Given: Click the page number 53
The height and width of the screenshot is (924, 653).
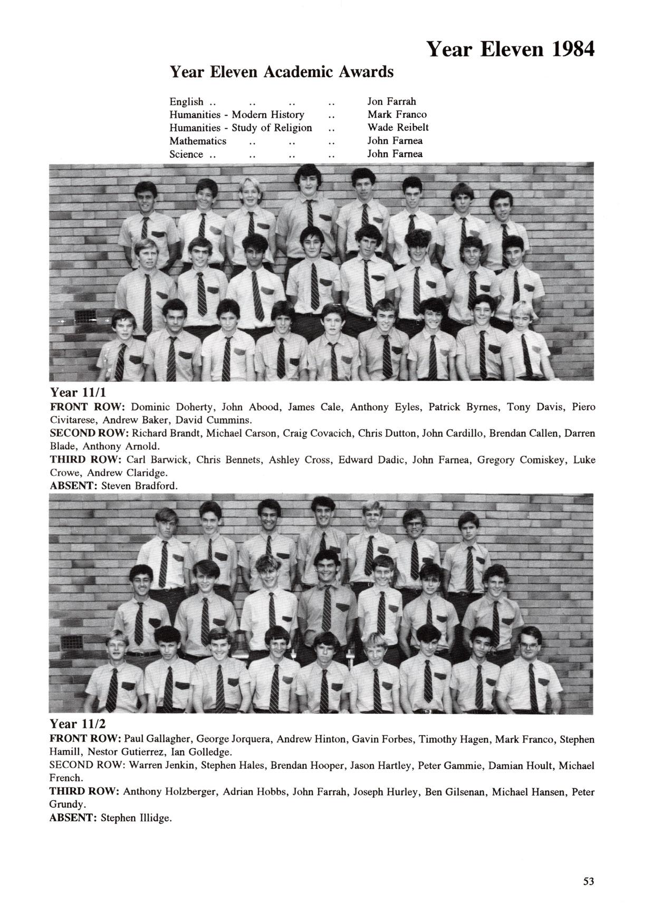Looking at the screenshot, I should (x=589, y=881).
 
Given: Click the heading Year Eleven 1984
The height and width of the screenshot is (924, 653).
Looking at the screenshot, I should (x=510, y=49).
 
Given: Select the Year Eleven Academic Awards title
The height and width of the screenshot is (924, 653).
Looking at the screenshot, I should (x=281, y=71).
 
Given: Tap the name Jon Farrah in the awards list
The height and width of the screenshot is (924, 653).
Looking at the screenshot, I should (x=391, y=101).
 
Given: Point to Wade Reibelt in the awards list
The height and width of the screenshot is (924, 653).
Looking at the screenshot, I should (x=398, y=127).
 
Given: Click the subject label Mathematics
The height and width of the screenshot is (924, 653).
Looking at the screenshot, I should (x=198, y=141).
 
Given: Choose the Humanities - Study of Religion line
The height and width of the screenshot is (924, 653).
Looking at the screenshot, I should (x=241, y=128).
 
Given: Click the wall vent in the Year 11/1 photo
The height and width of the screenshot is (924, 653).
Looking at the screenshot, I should (x=84, y=317).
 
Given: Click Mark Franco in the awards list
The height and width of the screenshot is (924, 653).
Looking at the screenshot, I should (x=397, y=115).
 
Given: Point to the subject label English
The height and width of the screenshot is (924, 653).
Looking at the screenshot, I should (x=186, y=101).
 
